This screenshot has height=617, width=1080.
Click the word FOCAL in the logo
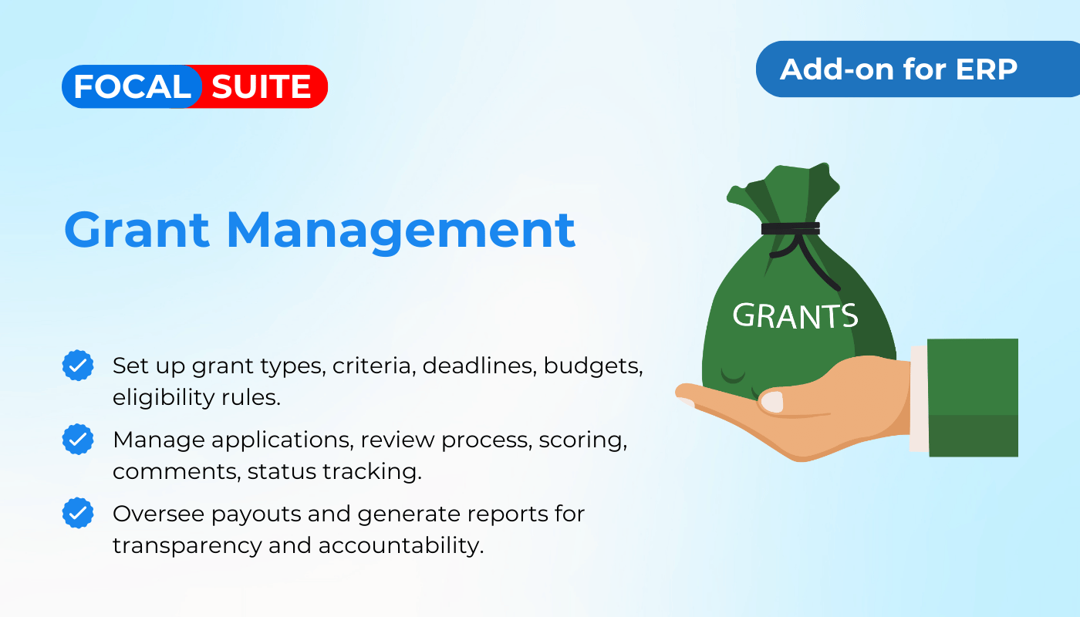coord(132,86)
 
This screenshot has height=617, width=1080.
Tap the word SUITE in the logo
coord(262,86)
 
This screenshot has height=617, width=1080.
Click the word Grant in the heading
coord(137,231)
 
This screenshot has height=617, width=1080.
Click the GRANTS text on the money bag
coord(795,316)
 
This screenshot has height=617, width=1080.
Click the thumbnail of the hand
coord(772,402)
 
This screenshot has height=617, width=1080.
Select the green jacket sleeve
coord(973,398)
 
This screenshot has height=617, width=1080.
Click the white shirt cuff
coord(919,399)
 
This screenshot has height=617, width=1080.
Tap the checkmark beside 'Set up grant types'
coord(78,366)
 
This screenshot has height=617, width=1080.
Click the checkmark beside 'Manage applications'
coord(78,439)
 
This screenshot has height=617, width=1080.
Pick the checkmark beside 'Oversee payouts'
coord(78,513)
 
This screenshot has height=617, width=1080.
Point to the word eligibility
coord(164,398)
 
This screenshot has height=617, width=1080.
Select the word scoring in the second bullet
coord(583,441)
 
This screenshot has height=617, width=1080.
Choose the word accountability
coord(400,546)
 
